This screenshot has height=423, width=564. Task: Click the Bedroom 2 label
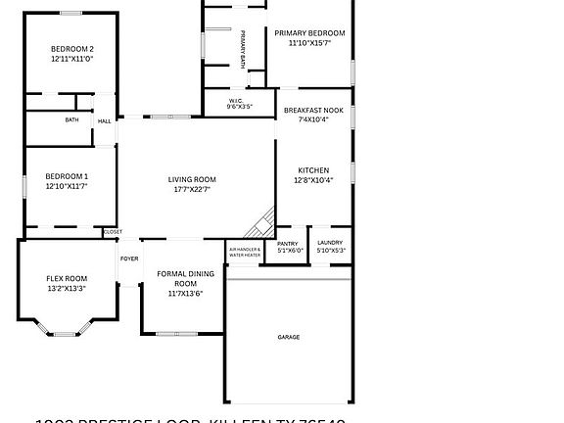[72, 49]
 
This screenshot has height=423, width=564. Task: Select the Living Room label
[192, 179]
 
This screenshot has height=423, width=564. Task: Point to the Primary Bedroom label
[309, 32]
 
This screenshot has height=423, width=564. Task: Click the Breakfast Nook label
[313, 111]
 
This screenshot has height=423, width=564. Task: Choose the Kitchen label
[313, 170]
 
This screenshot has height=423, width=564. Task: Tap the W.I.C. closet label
[236, 100]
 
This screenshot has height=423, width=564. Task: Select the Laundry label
[330, 243]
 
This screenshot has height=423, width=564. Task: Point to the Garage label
[288, 337]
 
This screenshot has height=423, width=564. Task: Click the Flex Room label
[68, 278]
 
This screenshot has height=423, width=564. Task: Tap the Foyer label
[129, 258]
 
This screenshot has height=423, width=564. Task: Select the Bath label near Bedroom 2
[71, 120]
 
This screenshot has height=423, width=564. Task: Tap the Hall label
[104, 121]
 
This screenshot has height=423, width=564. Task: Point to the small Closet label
[114, 232]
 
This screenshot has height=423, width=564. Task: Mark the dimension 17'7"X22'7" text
[192, 189]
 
